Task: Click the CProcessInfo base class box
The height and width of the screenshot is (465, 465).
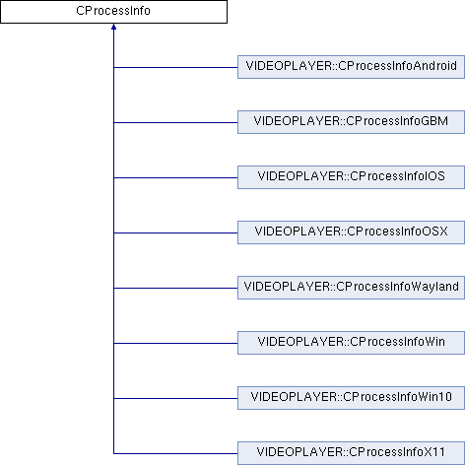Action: point(113,12)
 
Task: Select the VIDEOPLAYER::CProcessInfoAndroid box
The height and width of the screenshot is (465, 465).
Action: point(351,67)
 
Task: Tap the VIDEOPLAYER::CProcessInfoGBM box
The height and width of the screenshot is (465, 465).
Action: point(351,122)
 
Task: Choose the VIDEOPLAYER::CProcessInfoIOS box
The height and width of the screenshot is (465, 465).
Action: point(351,177)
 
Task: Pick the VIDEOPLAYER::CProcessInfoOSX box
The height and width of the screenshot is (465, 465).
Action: point(351,232)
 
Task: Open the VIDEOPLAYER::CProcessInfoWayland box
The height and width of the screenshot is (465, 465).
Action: point(351,288)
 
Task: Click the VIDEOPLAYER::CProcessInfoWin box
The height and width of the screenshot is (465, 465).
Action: point(351,343)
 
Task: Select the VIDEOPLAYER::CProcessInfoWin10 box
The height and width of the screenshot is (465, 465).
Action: point(351,398)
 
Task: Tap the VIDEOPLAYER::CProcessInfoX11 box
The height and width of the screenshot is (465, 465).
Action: point(351,453)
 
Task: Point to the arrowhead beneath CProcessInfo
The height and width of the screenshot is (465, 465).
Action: point(113,27)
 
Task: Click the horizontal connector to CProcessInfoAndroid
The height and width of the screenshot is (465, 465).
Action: point(175,68)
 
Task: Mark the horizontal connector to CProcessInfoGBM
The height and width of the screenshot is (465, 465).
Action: point(175,123)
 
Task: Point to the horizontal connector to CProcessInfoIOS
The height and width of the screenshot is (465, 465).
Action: point(175,178)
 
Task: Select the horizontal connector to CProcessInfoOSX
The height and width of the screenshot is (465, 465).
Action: point(175,233)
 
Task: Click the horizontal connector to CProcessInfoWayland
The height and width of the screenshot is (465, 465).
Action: point(175,289)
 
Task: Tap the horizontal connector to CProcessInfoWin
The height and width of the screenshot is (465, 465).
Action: point(175,344)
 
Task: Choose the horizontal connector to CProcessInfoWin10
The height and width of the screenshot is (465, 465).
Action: point(175,399)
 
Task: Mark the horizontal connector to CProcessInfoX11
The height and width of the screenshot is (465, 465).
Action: point(175,454)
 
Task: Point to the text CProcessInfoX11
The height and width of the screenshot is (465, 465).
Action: point(397,452)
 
